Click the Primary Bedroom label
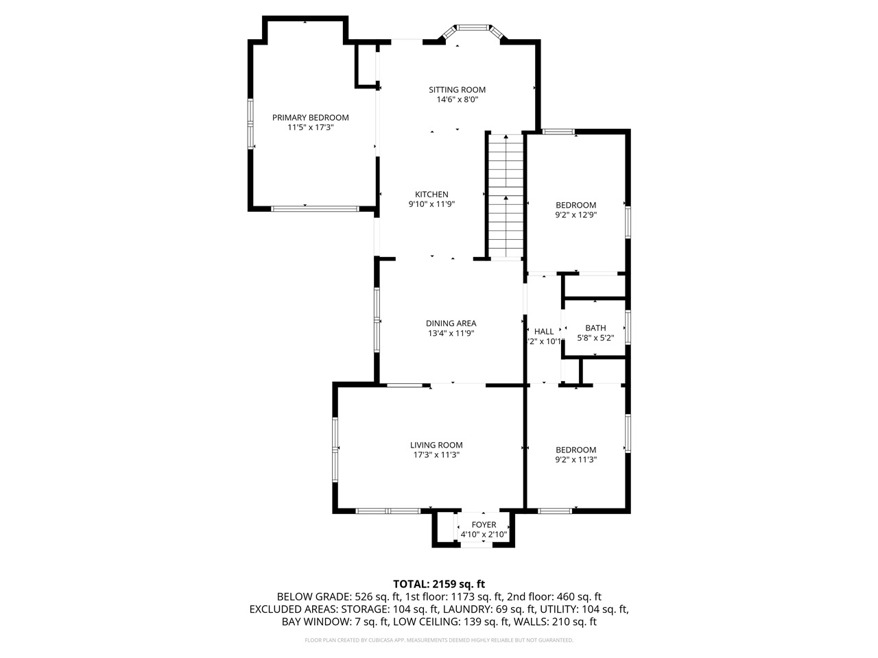coord(310,117)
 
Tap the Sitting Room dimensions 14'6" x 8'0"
coord(457,99)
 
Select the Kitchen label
coord(431,194)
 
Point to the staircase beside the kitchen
coord(506,196)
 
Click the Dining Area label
coord(451,324)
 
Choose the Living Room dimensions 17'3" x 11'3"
coord(436,454)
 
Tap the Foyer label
coord(484,525)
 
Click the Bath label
coord(595,328)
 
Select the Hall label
coord(544,331)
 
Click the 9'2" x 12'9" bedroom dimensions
coord(576,215)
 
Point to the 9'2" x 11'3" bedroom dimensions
coord(576,460)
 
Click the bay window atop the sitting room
coord(472,29)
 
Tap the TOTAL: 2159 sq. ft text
coord(439,584)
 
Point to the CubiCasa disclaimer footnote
coord(439,640)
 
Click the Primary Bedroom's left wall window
coord(251,124)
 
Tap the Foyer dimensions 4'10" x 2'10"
coord(484,535)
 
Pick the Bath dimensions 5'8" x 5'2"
coord(595,338)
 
